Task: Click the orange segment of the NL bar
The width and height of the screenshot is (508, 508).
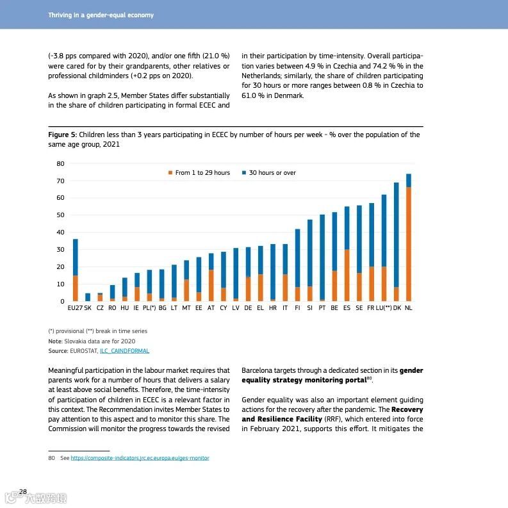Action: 409,243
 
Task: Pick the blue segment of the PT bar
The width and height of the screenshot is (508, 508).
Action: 322,257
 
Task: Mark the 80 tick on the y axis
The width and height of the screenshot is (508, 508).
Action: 61,164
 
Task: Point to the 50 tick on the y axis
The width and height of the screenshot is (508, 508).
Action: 61,215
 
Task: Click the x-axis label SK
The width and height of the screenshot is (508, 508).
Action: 88,308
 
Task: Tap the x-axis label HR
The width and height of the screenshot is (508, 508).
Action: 273,308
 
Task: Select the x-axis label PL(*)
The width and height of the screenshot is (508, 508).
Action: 149,308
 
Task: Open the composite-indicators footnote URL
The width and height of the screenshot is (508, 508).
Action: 140,458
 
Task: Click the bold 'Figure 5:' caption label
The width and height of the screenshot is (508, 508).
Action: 63,135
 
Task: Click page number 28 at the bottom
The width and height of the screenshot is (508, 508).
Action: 23,492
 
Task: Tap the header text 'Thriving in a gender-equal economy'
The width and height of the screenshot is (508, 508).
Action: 101,15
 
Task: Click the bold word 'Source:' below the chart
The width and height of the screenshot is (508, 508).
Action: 58,351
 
